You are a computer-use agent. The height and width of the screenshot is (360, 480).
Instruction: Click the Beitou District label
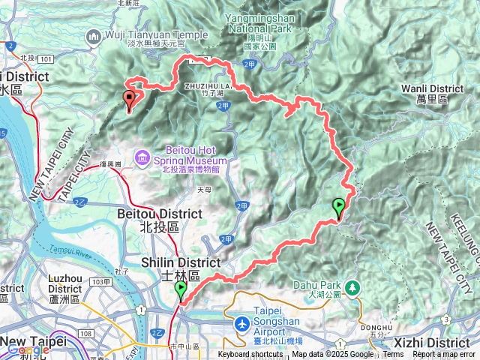tap(160, 214)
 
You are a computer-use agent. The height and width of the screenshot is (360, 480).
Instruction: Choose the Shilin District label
tap(181, 262)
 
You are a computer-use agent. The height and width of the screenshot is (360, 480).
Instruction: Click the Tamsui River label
tap(69, 249)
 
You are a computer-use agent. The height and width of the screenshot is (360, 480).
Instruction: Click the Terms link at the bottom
tap(393, 355)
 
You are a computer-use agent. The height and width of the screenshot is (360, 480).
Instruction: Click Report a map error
tap(445, 355)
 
